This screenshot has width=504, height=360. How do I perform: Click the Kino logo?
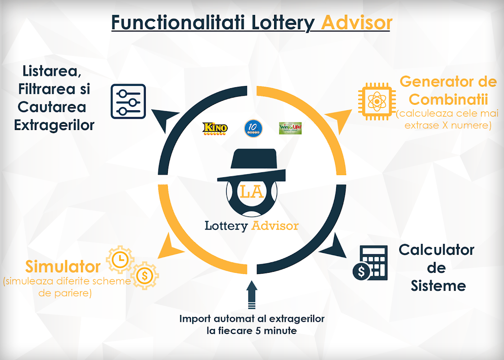coord(215,128)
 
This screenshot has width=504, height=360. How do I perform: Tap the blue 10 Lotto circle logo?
coord(253,128)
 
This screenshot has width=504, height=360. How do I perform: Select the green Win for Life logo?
coord(290,128)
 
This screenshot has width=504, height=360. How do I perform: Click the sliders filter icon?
coord(128,101)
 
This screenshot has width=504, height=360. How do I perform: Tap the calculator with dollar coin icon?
coord(369,263)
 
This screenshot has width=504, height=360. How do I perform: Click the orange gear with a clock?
coord(120,259)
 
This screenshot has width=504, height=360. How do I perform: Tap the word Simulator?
coord(63,267)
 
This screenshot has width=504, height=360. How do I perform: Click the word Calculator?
coord(436,250)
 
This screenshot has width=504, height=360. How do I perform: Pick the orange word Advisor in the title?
coord(356,22)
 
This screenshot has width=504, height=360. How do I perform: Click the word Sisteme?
coord(438,286)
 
